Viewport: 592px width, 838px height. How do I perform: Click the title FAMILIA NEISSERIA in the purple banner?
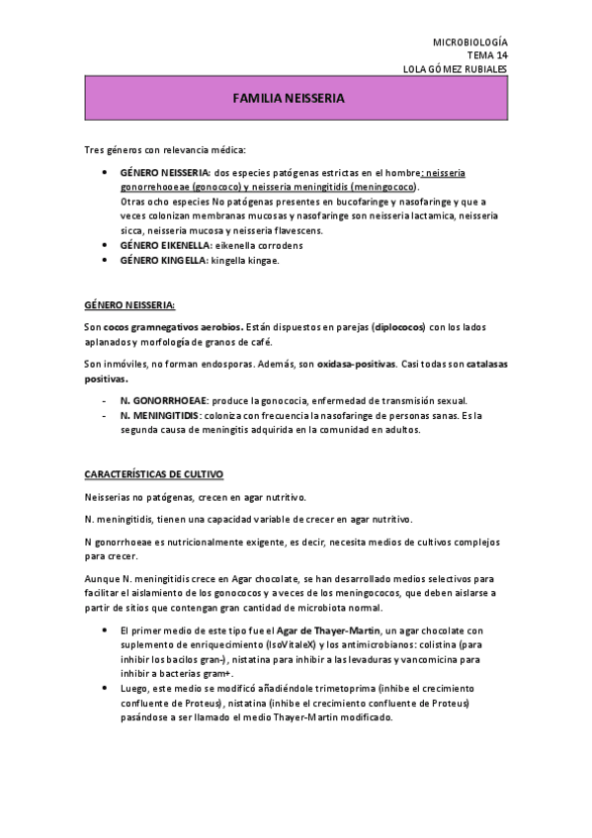click(x=288, y=100)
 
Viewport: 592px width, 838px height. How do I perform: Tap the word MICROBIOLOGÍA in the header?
click(x=470, y=42)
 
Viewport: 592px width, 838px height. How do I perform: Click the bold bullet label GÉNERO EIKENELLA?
click(x=163, y=243)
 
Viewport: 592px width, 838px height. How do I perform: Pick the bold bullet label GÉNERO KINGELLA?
click(x=160, y=260)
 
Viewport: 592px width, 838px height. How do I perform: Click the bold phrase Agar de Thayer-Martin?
click(x=299, y=630)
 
